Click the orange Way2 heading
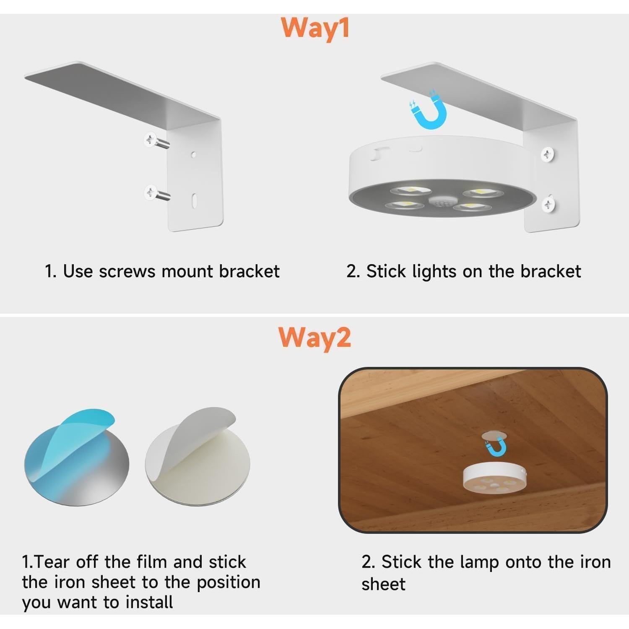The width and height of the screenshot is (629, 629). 314,338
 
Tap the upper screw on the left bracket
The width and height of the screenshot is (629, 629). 156,141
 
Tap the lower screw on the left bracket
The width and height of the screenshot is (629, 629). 156,194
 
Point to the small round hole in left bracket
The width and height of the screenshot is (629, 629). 193,155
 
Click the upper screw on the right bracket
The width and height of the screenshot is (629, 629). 548,154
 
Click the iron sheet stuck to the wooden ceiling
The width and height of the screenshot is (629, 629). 494,436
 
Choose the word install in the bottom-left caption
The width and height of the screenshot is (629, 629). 149,603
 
